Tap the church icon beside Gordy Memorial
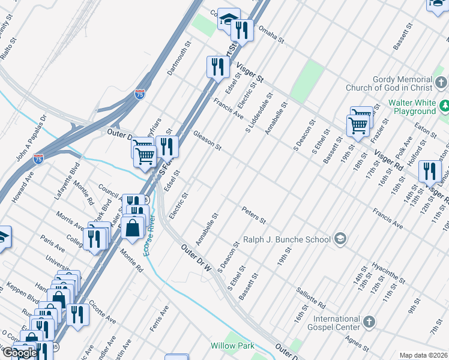click(441, 82)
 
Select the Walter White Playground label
click(412, 107)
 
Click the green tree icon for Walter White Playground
click(444, 106)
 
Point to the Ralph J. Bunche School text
click(287, 239)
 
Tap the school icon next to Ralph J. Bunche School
click(340, 239)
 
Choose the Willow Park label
click(232, 346)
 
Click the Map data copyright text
click(423, 355)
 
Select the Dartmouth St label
click(178, 58)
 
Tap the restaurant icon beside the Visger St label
click(217, 67)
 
